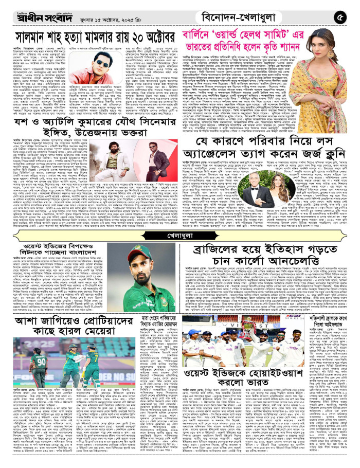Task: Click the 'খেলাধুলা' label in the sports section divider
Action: [179, 236]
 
